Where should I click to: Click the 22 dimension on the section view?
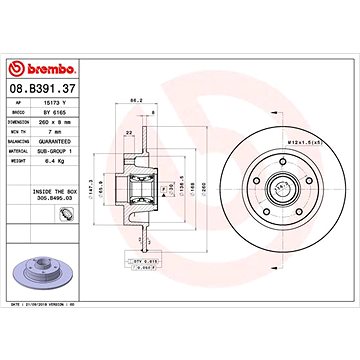[129, 131]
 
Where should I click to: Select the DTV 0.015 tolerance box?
[147, 258]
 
